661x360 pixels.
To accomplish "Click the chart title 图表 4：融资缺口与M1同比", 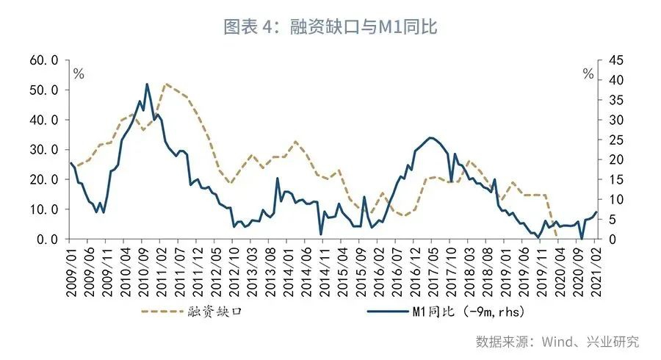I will pyautogui.click(x=330, y=27).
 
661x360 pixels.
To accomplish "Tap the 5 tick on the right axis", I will pyautogui.click(x=610, y=220).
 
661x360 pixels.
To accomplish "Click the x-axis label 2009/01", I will pyautogui.click(x=71, y=270).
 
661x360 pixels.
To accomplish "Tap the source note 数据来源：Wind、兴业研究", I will pyautogui.click(x=557, y=342).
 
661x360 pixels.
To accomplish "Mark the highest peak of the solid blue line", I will pyautogui.click(x=147, y=84).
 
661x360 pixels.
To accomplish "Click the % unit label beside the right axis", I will pyautogui.click(x=588, y=73).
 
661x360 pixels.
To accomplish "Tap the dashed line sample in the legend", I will pyautogui.click(x=162, y=313).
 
